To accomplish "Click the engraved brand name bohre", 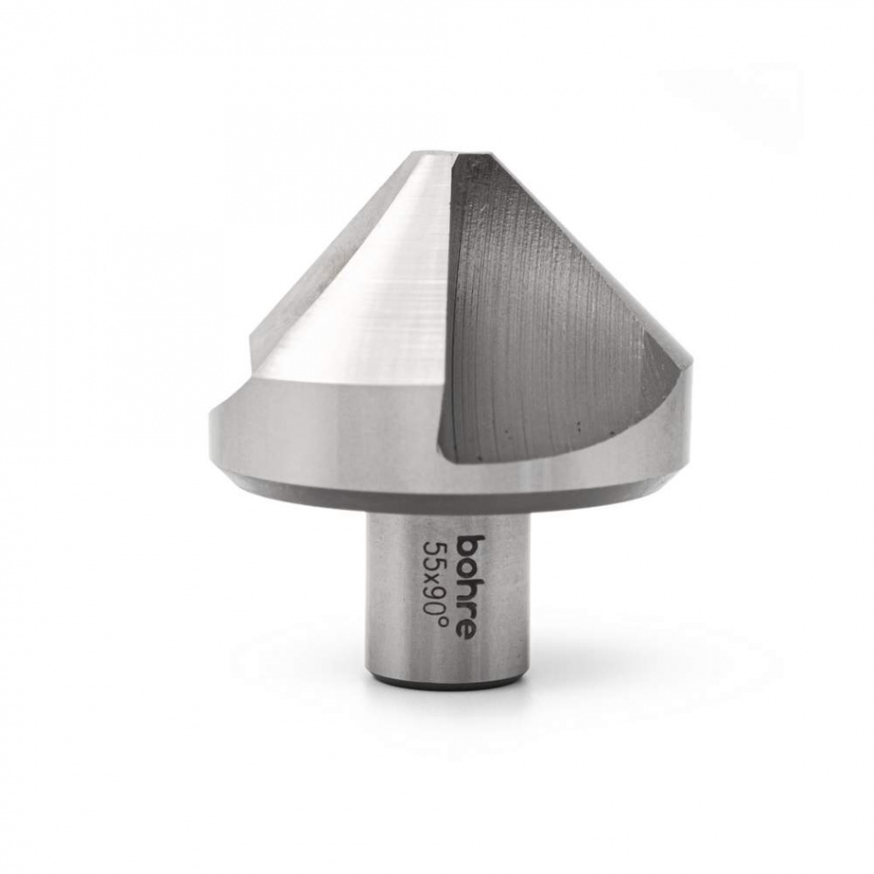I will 468,585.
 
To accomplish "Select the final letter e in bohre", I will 468,628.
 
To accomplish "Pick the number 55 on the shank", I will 434,553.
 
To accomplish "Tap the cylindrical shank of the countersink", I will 405,598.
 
